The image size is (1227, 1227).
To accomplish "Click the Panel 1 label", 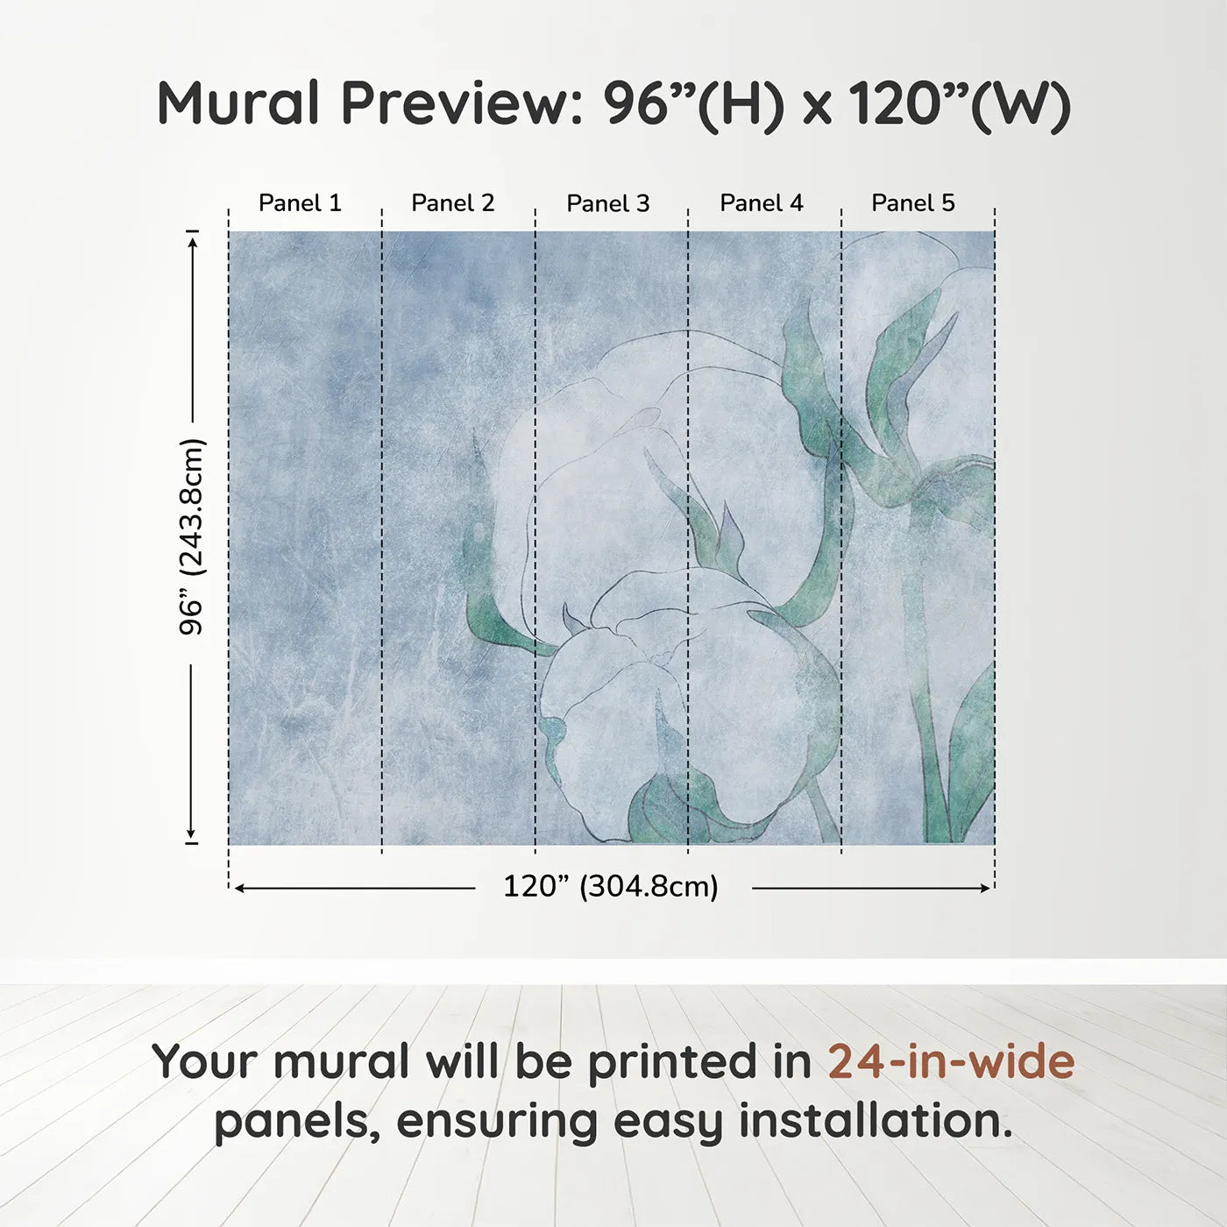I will click(300, 203).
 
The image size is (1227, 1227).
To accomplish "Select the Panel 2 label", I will click(453, 203).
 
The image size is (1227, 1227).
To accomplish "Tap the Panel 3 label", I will click(608, 204).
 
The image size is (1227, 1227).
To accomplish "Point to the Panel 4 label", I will click(762, 203).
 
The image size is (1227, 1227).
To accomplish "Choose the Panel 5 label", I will click(913, 203).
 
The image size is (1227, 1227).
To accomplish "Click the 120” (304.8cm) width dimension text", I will click(611, 887).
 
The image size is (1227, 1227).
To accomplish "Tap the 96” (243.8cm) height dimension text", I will click(191, 536).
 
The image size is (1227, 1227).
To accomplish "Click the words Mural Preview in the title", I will click(365, 103).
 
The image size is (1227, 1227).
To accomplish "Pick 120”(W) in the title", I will click(960, 103).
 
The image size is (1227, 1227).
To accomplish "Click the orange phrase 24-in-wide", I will click(951, 1062).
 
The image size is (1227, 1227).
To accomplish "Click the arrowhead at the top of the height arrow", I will click(192, 238).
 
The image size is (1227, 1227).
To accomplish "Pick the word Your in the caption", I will click(206, 1062).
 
